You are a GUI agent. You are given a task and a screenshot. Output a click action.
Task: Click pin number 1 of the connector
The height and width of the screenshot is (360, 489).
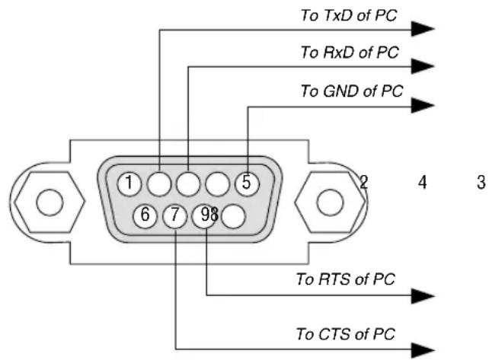[x=129, y=184]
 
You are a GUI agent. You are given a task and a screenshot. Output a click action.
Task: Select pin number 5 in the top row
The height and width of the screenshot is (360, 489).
[x=247, y=184]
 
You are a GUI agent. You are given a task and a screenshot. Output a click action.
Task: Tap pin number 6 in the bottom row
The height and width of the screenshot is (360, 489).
[x=145, y=216]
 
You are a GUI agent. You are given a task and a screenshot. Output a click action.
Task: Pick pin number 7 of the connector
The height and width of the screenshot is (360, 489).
[x=175, y=216]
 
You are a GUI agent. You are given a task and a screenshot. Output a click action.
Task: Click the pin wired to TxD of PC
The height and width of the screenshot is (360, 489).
[x=159, y=184]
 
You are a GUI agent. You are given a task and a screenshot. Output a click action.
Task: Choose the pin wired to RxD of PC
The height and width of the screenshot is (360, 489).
[x=188, y=184]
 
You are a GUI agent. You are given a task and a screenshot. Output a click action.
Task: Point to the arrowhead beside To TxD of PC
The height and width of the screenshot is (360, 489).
[x=423, y=29]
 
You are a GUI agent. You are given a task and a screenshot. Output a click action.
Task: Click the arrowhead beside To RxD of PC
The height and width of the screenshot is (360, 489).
[x=423, y=66]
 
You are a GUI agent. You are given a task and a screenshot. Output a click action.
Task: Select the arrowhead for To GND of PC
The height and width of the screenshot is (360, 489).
[x=423, y=105]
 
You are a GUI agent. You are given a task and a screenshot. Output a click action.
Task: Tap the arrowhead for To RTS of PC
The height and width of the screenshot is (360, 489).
[x=423, y=296]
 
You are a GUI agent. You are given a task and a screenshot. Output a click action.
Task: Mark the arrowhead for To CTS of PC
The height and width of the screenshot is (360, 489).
[x=423, y=350]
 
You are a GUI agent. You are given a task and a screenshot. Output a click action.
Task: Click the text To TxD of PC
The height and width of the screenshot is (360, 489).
[x=349, y=15]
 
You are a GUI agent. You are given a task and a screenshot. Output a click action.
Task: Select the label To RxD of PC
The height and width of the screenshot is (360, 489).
[x=350, y=52]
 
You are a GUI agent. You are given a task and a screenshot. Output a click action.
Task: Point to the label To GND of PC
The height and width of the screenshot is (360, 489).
[x=352, y=91]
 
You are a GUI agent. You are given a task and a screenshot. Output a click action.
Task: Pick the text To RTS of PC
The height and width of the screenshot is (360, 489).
[x=346, y=279]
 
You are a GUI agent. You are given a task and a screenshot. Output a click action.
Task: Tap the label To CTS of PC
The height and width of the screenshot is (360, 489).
[x=346, y=334]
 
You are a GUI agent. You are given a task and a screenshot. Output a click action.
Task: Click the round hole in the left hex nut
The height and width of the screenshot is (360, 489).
[x=50, y=202]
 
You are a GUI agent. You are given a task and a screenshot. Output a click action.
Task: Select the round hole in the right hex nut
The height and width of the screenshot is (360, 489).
[x=330, y=202]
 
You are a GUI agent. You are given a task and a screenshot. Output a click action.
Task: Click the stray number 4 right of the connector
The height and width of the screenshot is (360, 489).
[x=422, y=183]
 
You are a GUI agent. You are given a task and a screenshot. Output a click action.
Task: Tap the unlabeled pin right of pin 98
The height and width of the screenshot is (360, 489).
[x=234, y=216]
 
